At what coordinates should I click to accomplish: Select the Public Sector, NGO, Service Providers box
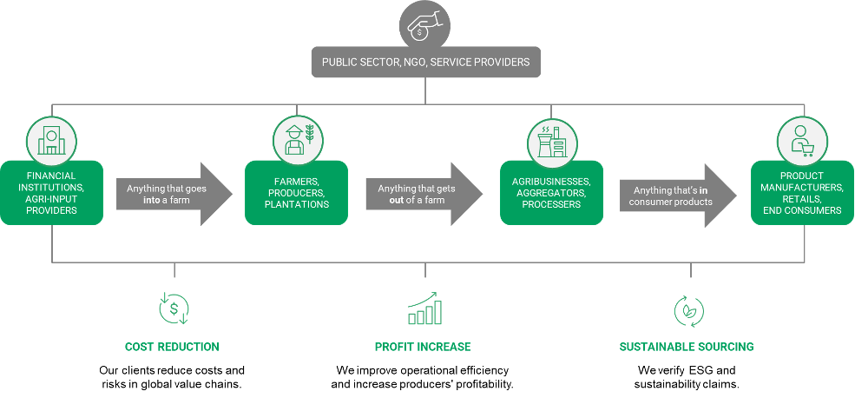click(x=425, y=63)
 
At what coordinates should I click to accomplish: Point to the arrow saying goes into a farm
click(x=174, y=194)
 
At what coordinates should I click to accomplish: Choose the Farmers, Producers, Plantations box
click(x=297, y=193)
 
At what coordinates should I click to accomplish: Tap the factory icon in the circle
click(x=552, y=139)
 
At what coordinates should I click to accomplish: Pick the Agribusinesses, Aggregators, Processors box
click(x=552, y=193)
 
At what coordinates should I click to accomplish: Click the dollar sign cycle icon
click(x=174, y=308)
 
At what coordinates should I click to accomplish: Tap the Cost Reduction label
click(x=172, y=347)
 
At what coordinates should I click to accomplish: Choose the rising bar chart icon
click(x=425, y=310)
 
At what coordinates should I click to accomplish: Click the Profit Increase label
click(x=423, y=347)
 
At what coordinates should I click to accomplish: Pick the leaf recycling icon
click(x=689, y=310)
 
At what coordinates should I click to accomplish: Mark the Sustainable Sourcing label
click(x=686, y=347)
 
